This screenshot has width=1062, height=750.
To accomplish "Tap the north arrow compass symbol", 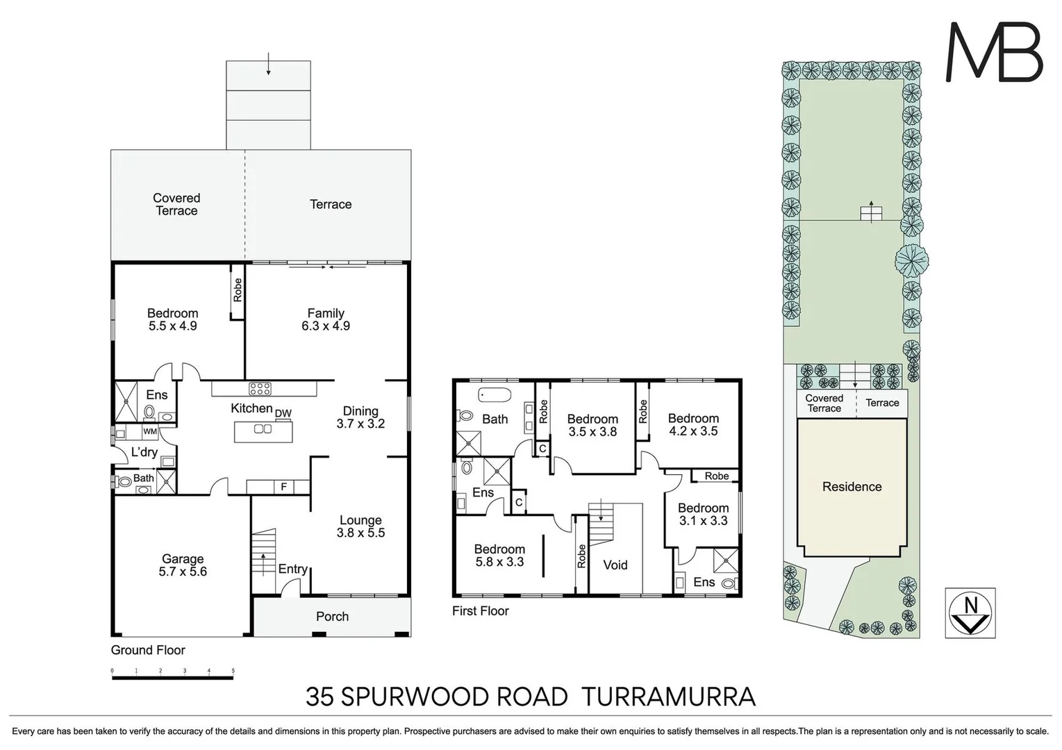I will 970,612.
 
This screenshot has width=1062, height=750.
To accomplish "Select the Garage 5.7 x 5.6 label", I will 183,565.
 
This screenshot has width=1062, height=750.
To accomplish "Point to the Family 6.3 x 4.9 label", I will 325,319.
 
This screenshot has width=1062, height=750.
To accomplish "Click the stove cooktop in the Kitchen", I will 260,389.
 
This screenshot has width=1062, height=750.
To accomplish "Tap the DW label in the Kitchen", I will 283,414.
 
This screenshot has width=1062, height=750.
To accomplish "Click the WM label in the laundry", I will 149,431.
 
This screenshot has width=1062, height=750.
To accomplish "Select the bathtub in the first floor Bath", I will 495,395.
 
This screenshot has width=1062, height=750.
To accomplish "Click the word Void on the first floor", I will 615,565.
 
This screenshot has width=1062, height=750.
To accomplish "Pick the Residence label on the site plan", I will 852,487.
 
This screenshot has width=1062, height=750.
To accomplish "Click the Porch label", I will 332,617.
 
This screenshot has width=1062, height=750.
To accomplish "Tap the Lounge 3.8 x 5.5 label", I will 360,526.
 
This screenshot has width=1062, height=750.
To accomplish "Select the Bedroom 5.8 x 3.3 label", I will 499,556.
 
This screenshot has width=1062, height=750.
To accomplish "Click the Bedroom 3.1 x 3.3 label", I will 703,514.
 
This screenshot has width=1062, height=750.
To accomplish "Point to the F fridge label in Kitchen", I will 283,487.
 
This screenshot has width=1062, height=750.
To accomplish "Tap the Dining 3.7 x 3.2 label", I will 360,417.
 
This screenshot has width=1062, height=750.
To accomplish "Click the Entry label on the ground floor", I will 292,569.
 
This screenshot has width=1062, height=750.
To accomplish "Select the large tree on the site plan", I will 911,261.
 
